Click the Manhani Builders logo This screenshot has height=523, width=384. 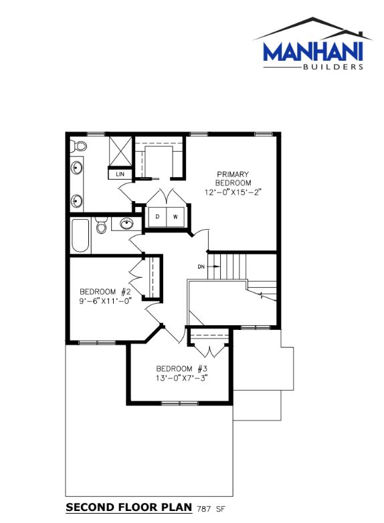point(312,43)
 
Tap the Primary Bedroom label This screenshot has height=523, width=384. point(233,178)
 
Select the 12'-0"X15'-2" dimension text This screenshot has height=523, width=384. point(233,192)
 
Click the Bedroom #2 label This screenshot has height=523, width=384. point(105,292)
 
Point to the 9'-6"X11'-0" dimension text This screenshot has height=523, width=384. point(105,301)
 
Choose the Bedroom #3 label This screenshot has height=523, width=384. point(182,369)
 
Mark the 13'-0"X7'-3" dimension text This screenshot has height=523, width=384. point(181,378)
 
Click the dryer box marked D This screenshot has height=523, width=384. point(157,217)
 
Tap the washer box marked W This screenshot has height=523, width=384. point(175,217)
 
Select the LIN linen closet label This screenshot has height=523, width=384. point(120,174)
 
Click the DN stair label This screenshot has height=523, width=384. point(201,267)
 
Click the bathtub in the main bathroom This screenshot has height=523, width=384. point(80,236)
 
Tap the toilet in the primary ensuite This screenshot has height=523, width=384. point(78,146)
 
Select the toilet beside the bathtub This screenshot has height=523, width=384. point(101,225)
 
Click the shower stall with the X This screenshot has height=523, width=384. point(120,150)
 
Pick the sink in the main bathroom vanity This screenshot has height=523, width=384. point(126,224)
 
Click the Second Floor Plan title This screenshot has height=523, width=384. point(129,508)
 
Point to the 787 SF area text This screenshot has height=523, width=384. point(211,509)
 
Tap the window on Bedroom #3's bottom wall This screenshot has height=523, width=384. point(180,403)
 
